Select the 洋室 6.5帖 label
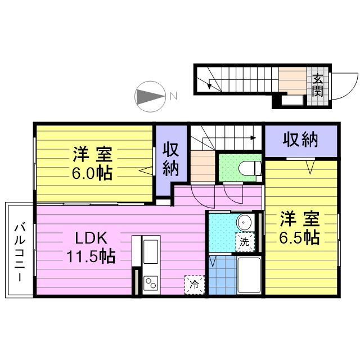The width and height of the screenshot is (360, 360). [300, 227]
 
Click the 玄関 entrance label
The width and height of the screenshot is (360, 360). [317, 84]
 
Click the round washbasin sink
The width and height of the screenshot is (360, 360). [244, 221]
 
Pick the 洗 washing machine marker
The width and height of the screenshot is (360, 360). [245, 242]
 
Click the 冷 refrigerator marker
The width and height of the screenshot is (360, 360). [193, 285]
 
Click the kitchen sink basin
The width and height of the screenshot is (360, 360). [151, 251]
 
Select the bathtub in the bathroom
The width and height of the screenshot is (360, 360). [247, 275]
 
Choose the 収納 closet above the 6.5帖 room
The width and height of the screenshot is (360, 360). [300, 140]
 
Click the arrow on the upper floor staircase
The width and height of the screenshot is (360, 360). [253, 137]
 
